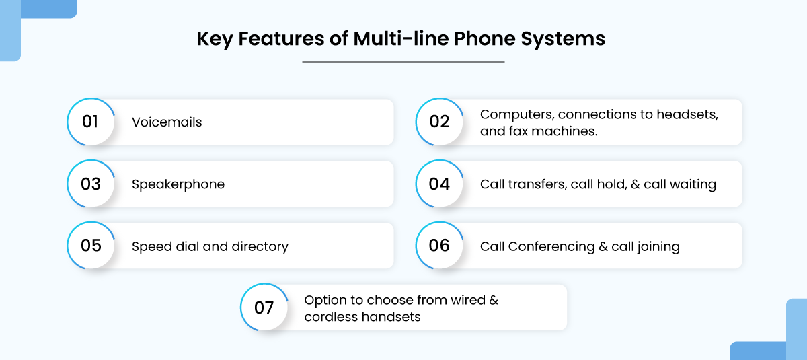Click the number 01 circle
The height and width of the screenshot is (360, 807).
[x=91, y=122]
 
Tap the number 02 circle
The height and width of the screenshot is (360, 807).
[x=440, y=122]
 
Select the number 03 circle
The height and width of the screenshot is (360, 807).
[x=91, y=184]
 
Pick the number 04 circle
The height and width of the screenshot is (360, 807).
[x=440, y=184]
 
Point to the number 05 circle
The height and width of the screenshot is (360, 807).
[x=91, y=246]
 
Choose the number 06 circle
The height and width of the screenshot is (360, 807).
[x=440, y=246]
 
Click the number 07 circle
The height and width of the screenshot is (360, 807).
[x=264, y=307]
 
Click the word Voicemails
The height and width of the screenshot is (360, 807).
[x=167, y=122]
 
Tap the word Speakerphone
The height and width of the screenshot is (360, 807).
[x=178, y=184]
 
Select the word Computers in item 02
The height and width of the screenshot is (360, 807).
[x=517, y=115]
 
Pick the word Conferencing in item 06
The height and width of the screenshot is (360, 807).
[x=551, y=247]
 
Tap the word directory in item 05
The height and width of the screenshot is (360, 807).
[x=260, y=246]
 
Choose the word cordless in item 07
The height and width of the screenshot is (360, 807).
[x=331, y=317]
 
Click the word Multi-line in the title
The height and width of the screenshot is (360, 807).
[x=401, y=38]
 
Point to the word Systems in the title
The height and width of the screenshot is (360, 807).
[x=563, y=39]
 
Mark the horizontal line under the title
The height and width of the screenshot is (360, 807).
[x=403, y=62]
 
